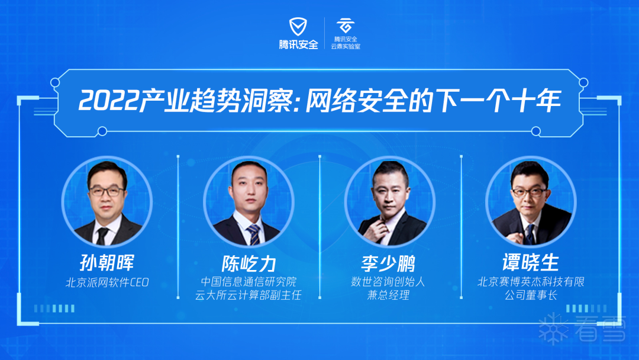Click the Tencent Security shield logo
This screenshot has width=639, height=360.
298,27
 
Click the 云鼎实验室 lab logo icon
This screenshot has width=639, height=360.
345,25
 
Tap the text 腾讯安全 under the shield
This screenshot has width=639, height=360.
298,44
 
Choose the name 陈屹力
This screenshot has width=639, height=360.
248,263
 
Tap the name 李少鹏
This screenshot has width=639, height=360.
388,263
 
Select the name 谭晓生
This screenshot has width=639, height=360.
531,262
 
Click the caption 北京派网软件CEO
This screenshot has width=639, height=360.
107,282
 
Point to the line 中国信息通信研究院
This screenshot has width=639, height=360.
248,282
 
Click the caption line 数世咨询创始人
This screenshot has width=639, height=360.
388,282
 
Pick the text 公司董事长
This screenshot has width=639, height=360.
531,295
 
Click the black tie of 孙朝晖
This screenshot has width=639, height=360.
102,236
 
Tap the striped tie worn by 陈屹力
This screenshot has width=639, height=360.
253,234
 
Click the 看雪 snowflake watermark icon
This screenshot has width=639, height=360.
553,329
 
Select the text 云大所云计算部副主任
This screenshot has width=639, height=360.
248,295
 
